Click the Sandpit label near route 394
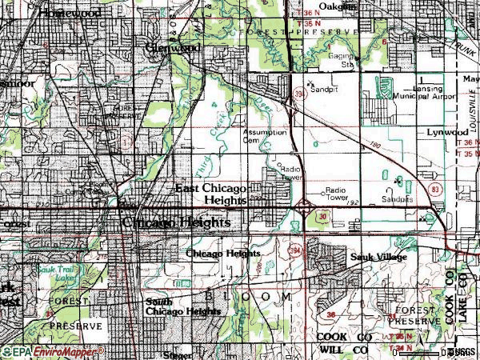pyautogui.click(x=323, y=90)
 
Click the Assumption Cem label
pyautogui.click(x=264, y=135)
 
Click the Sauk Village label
pyautogui.click(x=379, y=257)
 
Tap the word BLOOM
pyautogui.click(x=248, y=296)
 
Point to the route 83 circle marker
pyautogui.click(x=434, y=189)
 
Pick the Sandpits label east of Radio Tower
pyautogui.click(x=398, y=197)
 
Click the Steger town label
pyautogui.click(x=177, y=353)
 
